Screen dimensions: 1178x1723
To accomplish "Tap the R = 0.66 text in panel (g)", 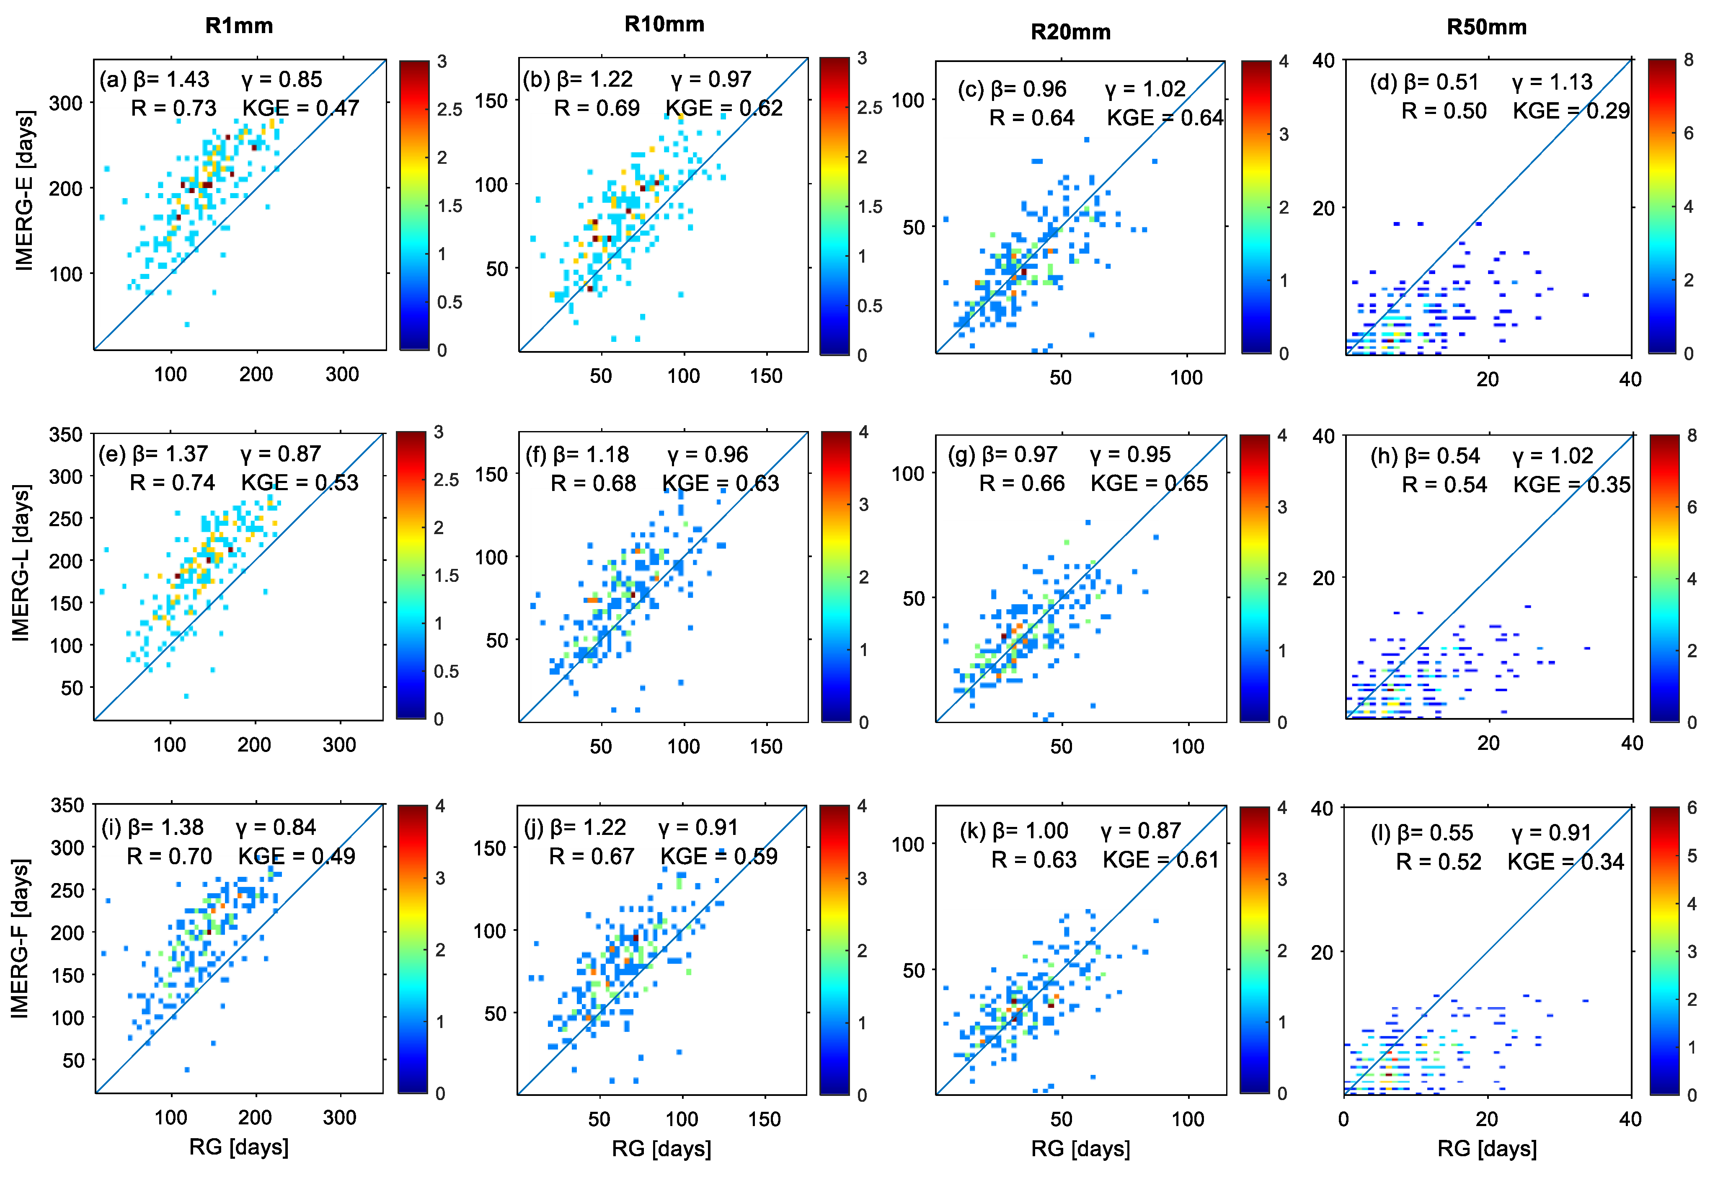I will pos(1022,483).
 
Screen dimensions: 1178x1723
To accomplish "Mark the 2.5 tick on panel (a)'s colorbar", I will pos(449,110).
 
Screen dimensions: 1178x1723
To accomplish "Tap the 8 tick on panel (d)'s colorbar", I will pos(1688,60).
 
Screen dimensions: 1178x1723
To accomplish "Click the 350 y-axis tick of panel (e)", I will pos(66,434).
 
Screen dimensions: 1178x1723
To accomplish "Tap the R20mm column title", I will pos(1071,32).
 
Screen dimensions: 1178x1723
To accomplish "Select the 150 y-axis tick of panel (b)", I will pos(491,101).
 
